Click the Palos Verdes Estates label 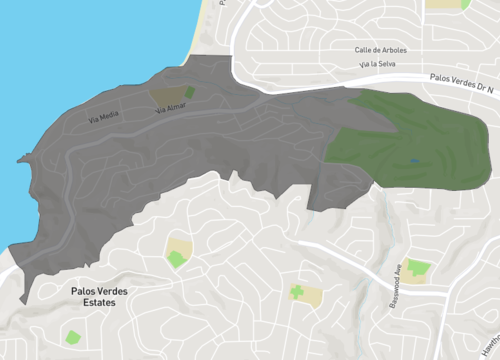[106, 296]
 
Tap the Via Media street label [103, 117]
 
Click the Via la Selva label [366, 64]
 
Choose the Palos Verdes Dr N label [462, 77]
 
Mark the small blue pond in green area [414, 161]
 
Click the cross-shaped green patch [297, 293]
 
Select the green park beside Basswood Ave [419, 268]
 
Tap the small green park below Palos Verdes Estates [72, 337]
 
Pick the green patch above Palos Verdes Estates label [177, 259]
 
